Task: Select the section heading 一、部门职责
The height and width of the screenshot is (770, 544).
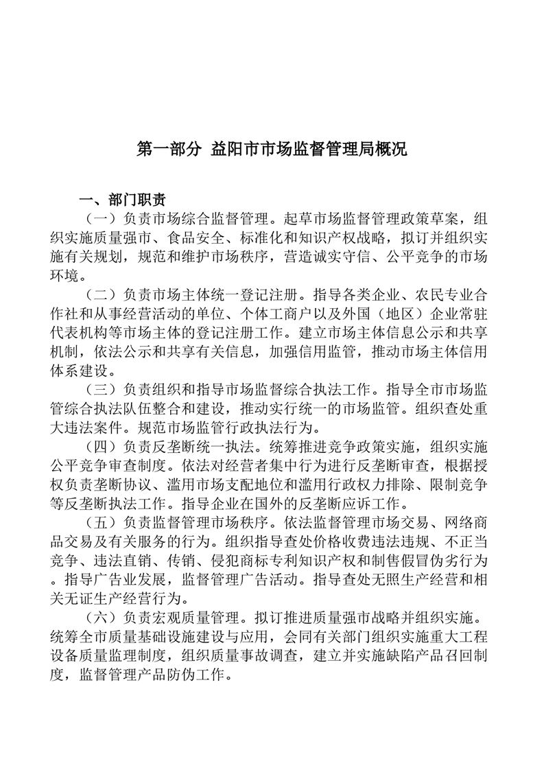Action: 122,200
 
